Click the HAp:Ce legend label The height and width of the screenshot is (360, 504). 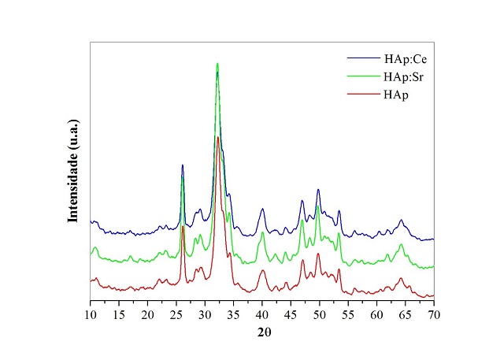[405, 60]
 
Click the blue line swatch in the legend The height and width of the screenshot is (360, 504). [363, 60]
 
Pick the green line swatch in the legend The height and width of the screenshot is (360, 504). [363, 76]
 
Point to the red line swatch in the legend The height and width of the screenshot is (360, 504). [363, 94]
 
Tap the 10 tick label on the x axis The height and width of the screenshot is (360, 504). [90, 314]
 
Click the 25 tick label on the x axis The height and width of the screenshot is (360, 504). [176, 314]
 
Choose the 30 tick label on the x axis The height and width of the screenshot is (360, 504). [205, 314]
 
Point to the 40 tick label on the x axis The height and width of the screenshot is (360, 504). [262, 314]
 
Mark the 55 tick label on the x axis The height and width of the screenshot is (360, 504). [348, 314]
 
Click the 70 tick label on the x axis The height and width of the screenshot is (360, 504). [434, 314]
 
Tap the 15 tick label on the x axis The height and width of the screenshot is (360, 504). [119, 314]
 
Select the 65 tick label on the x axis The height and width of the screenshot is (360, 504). [406, 314]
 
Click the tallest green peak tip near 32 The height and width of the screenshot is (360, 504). [217, 64]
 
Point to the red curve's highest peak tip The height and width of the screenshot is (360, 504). [218, 137]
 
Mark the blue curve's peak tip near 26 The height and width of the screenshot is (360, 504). [183, 165]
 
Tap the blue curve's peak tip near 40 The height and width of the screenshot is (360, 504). [262, 210]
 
